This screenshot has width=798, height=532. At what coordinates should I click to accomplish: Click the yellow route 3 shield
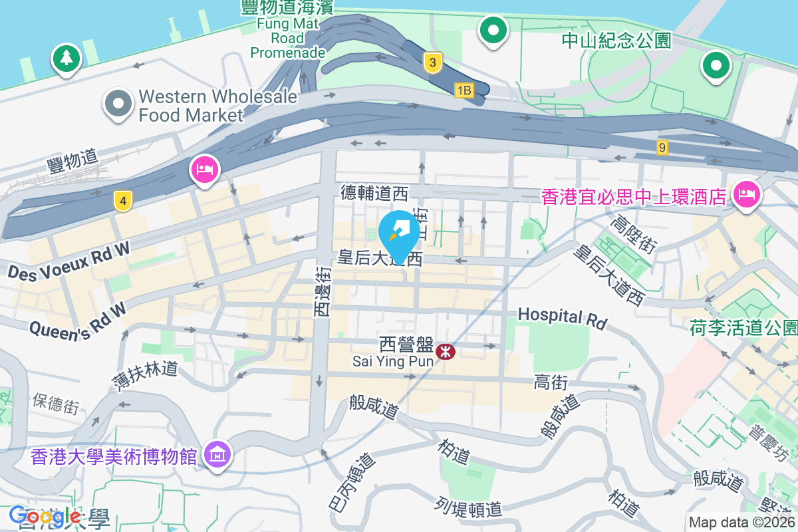433,63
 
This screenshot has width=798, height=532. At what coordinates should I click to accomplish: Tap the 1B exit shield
464,90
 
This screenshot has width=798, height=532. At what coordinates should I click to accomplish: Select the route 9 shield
662,148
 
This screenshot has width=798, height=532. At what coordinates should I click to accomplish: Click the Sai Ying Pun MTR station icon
446,350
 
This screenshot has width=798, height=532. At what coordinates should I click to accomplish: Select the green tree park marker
66,59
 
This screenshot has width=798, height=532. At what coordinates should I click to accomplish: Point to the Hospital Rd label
563,318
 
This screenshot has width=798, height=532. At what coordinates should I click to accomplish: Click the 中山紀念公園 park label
616,41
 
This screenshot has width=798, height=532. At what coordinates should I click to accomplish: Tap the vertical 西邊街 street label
323,291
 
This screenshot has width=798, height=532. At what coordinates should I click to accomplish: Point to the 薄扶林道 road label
145,375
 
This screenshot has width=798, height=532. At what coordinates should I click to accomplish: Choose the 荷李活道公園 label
743,327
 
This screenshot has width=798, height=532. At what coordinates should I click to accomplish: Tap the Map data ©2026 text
742,523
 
